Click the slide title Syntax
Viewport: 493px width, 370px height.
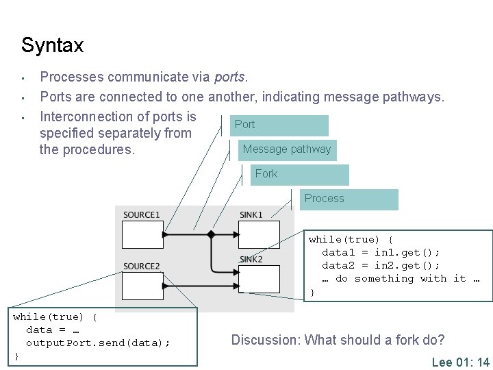click(x=52, y=46)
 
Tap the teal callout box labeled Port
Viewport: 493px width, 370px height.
click(x=279, y=125)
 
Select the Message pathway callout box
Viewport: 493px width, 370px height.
click(x=287, y=149)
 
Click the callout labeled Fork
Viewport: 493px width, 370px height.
click(x=299, y=174)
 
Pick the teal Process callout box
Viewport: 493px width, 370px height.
click(x=350, y=199)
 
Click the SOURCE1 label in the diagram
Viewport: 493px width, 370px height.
click(x=142, y=215)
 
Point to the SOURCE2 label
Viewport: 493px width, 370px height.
click(x=142, y=266)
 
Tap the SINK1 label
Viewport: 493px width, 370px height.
click(x=251, y=215)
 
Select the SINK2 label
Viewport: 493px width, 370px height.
click(x=251, y=259)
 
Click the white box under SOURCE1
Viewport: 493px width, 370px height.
click(x=142, y=234)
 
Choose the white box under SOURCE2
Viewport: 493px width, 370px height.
click(x=142, y=284)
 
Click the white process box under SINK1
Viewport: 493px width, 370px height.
click(x=259, y=234)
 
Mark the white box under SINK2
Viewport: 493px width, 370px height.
click(x=259, y=279)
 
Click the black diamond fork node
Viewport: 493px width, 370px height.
click(x=211, y=234)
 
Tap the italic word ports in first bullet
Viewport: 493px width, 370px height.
click(x=231, y=77)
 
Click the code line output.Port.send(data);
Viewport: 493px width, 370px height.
click(x=98, y=343)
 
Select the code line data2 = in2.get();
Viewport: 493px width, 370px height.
click(x=381, y=265)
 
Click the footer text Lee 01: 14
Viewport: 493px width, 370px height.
click(x=460, y=362)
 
